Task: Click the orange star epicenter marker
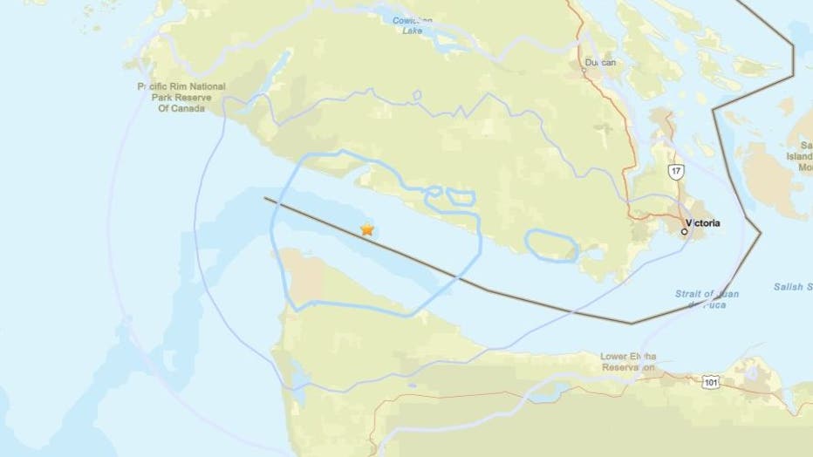pos(367,229)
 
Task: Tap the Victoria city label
pos(703,223)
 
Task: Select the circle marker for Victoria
pos(685,232)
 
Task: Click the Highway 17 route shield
pos(676,171)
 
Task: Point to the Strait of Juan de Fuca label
pos(707,299)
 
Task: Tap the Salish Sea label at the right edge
pos(793,287)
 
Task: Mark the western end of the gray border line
pos(265,199)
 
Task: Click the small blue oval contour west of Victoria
pos(551,245)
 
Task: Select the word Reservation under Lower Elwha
pos(628,368)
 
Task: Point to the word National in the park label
pos(203,86)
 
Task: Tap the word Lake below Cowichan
pos(413,31)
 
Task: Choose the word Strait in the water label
pos(688,294)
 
